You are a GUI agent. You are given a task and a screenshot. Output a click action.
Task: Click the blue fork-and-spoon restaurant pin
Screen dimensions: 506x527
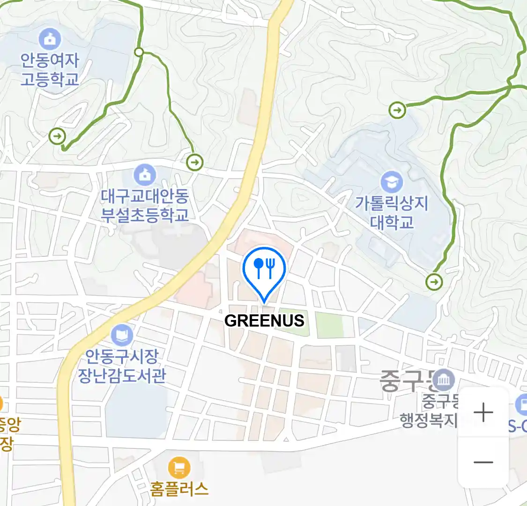point(264,269)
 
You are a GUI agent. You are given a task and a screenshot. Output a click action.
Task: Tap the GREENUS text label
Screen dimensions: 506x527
point(264,321)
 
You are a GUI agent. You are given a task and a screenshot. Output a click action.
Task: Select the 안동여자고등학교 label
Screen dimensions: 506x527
point(50,69)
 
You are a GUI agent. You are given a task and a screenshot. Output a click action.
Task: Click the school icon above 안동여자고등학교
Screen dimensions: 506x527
point(50,39)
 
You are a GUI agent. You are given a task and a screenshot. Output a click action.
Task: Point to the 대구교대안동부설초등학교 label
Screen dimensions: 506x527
point(145,205)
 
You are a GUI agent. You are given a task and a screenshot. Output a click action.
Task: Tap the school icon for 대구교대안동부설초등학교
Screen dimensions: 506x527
point(145,175)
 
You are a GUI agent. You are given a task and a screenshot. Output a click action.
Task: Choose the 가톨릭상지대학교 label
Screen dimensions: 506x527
point(392,212)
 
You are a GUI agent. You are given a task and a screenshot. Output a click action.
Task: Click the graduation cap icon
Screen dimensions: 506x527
point(392,182)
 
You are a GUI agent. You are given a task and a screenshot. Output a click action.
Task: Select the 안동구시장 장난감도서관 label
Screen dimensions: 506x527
point(121,366)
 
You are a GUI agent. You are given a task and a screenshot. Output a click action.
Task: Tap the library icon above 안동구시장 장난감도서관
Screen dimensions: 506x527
point(122,335)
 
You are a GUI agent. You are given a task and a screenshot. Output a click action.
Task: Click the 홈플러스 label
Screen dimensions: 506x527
point(179,489)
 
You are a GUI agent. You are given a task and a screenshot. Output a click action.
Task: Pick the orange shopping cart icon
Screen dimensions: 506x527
point(179,468)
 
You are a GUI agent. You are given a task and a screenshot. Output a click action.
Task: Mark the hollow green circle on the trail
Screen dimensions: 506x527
point(139,52)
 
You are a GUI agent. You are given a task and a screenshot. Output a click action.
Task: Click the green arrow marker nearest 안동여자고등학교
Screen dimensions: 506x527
point(57,136)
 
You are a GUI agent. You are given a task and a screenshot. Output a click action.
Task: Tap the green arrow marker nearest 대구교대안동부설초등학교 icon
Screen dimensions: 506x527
point(194,163)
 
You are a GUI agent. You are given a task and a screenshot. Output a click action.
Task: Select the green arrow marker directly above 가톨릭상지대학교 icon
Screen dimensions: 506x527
point(397,111)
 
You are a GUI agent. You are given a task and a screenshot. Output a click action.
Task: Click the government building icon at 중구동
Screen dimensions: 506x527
point(443,380)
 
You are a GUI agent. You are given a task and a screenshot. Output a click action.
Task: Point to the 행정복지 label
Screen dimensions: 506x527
point(428,420)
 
